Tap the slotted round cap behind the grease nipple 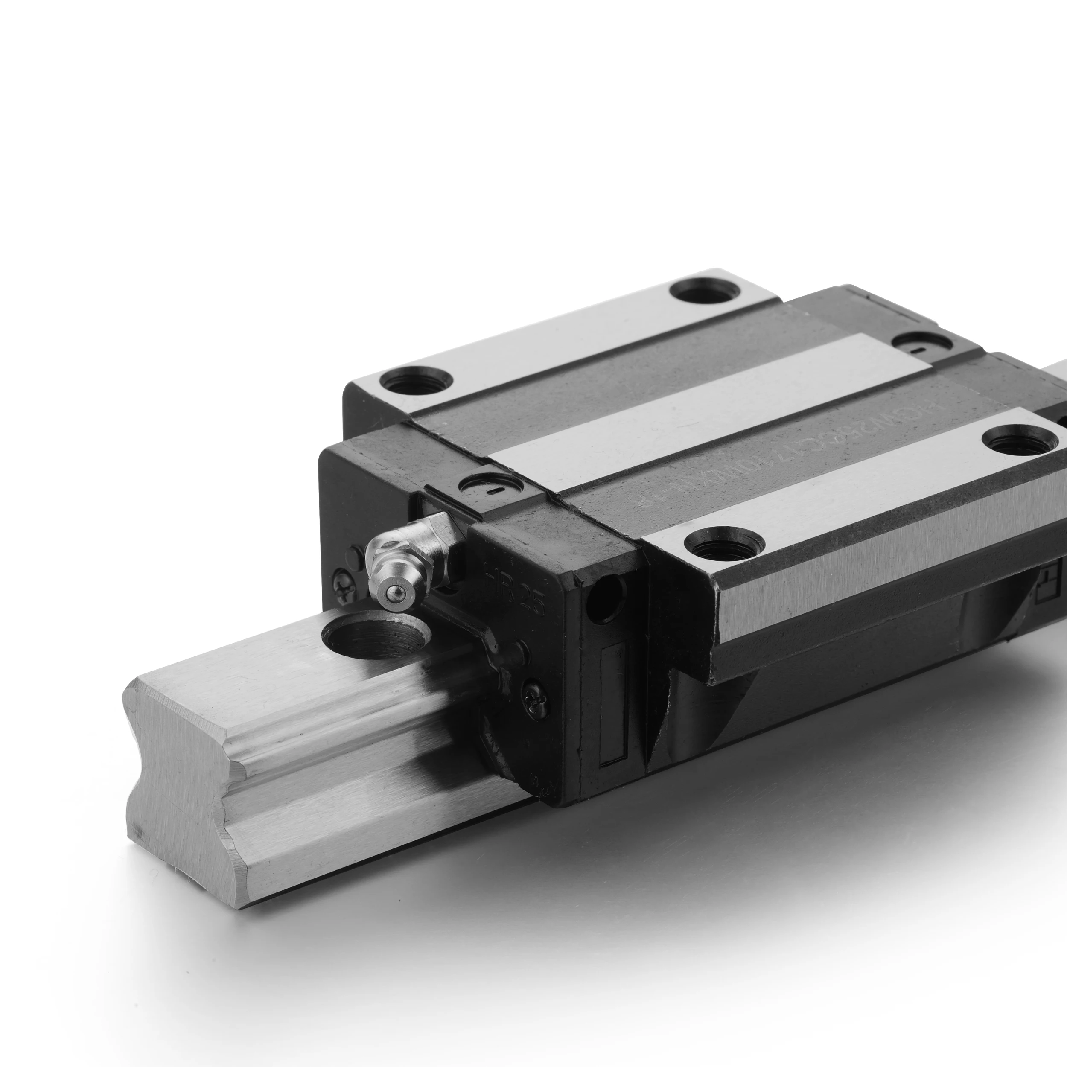[492, 485]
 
